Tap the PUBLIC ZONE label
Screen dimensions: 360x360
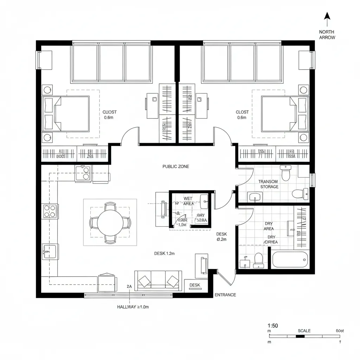[175, 166]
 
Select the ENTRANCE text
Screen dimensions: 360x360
[225, 295]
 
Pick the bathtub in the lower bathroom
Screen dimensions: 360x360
[290, 260]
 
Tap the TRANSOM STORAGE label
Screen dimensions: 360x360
[268, 184]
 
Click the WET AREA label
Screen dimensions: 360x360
[188, 201]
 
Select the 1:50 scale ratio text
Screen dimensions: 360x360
[272, 326]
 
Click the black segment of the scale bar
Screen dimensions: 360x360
[300, 336]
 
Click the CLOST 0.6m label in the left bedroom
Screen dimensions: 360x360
[109, 115]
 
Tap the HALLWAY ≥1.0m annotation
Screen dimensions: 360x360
[133, 307]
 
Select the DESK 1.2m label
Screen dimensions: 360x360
[165, 253]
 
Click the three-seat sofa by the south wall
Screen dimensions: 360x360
[158, 280]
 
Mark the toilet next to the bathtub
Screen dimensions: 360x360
[258, 261]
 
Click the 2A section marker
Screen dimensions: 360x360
[129, 287]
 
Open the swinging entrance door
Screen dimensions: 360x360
[225, 278]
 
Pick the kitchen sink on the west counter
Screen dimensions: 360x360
[49, 251]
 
